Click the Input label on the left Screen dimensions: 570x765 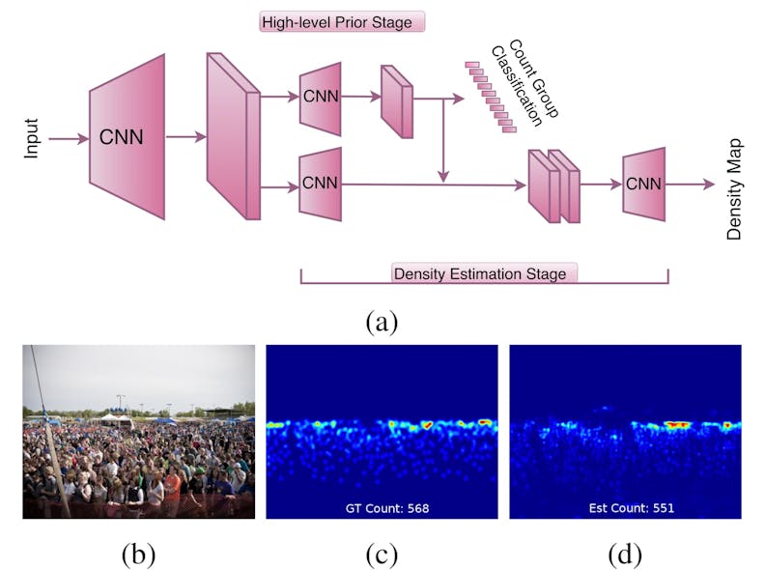[31, 137]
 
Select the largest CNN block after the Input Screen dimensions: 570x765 [127, 136]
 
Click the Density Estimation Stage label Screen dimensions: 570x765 [479, 273]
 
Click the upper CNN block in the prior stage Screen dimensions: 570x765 [321, 99]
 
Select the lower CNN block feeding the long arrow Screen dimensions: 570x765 [321, 184]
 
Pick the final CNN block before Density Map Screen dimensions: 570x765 [642, 184]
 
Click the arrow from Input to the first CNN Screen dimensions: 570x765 [68, 138]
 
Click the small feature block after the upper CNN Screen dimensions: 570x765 [396, 100]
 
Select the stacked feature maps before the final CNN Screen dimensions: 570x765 [552, 185]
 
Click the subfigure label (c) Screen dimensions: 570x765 [382, 554]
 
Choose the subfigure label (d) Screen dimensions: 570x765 [625, 554]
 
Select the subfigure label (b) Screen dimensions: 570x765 [138, 554]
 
